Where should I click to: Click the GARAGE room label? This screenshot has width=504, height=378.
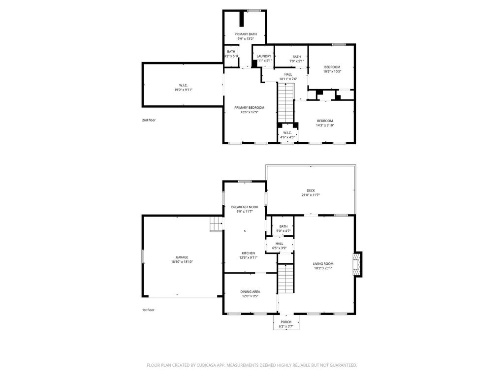(x=182, y=257)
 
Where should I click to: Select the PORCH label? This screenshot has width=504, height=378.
(x=286, y=322)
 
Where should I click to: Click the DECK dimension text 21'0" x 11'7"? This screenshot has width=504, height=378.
(x=311, y=195)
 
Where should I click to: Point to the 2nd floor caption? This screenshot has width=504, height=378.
(x=148, y=120)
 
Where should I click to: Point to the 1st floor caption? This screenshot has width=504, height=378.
(x=148, y=310)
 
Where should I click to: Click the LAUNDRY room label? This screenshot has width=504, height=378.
(x=264, y=56)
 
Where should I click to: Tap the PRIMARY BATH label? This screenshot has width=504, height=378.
(x=246, y=34)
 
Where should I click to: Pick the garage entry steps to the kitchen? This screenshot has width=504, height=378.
(x=216, y=225)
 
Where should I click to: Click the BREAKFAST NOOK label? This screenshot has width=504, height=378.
(x=245, y=207)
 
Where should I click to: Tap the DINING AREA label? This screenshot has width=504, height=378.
(x=250, y=291)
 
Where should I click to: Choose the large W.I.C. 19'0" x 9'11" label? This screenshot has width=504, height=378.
(x=183, y=85)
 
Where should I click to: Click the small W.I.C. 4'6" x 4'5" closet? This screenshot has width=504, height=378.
(x=287, y=134)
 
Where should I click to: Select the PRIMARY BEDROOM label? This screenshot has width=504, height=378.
(x=249, y=108)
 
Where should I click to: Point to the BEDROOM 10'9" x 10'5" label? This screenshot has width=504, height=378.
(x=332, y=67)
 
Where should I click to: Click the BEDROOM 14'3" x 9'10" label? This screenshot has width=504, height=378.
(x=325, y=121)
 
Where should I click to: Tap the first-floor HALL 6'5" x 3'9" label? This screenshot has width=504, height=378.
(x=279, y=243)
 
